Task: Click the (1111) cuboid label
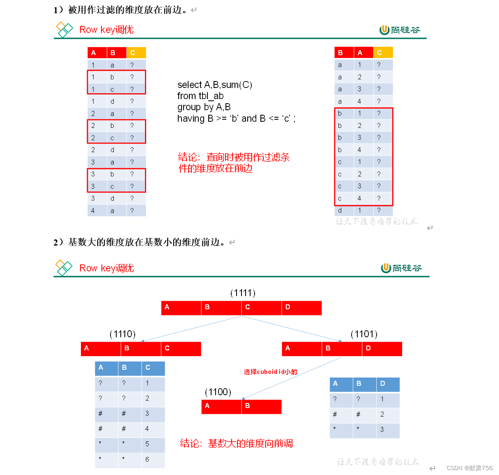243,293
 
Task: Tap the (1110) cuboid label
122,334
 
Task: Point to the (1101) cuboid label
364,334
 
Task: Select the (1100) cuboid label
218,392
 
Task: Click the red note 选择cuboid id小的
270,372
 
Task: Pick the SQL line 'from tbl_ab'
200,96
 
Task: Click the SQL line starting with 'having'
236,118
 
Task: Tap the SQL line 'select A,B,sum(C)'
214,85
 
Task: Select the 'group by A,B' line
204,107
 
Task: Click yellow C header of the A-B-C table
136,53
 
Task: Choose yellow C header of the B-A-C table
383,53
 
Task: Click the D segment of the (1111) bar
301,308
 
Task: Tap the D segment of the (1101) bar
382,349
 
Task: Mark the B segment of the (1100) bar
261,406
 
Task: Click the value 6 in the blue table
147,459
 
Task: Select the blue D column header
388,384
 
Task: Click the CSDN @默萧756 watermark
469,468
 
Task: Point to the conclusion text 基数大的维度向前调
237,443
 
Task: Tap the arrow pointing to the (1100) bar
292,378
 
